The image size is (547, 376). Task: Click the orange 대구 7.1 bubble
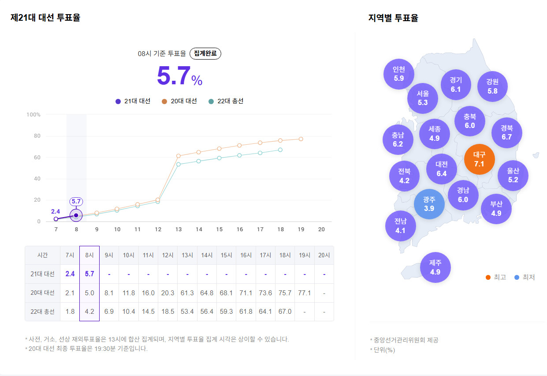coord(480,159)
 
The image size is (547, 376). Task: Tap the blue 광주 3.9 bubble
coord(429,204)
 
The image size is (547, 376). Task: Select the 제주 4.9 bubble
coord(435,267)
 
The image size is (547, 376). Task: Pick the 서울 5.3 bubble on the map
coord(423,98)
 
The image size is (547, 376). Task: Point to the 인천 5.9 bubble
coord(398,74)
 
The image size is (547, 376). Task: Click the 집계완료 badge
coord(205,53)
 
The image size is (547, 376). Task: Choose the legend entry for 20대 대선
coord(179,101)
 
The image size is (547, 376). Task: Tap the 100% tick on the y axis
coord(33,115)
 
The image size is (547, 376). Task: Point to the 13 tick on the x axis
coord(179,229)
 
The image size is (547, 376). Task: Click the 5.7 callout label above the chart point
coord(76,202)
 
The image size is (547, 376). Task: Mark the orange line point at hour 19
coord(301,139)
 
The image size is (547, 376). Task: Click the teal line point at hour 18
coord(280,150)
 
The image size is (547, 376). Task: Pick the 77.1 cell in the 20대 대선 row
coord(304,293)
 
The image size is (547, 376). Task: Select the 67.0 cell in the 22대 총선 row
coord(285,312)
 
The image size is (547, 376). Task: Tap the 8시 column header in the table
coord(89,255)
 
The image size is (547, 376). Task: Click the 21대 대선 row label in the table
coord(43,274)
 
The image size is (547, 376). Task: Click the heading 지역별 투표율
coord(393,18)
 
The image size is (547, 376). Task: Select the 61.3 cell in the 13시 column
coord(187,293)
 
